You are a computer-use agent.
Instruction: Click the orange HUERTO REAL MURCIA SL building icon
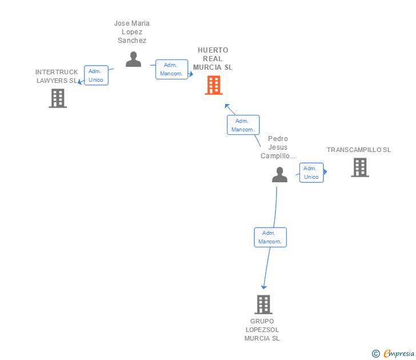coord(214,85)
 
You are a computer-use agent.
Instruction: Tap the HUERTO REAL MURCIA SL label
coord(213,59)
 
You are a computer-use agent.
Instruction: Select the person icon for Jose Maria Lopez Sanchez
coord(133,59)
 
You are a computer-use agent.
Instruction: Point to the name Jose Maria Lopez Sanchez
coord(132,32)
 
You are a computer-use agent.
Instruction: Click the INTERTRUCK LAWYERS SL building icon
coord(58,98)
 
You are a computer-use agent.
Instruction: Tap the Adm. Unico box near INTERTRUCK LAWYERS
coord(96,75)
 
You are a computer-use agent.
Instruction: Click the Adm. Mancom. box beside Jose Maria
coord(171,69)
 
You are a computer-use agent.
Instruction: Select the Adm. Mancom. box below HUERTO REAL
coord(243,125)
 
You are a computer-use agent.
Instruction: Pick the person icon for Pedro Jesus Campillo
coord(279,174)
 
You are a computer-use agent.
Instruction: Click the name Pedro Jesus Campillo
coord(278,147)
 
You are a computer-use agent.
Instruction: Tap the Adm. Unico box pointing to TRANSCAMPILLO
coord(311,173)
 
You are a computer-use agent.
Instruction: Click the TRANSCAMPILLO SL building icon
coord(360,167)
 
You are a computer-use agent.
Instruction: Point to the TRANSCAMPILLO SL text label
coord(359,150)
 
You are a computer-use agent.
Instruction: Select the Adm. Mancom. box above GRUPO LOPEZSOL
coord(270,237)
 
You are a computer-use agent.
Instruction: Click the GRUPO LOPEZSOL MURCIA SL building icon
coord(263,305)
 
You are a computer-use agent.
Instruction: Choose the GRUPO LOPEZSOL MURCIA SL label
coord(262,330)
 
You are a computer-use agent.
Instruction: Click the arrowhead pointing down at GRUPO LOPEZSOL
coord(264,286)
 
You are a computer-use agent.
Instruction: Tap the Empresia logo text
coord(399,353)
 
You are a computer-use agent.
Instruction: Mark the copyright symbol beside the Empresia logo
coord(376,354)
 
